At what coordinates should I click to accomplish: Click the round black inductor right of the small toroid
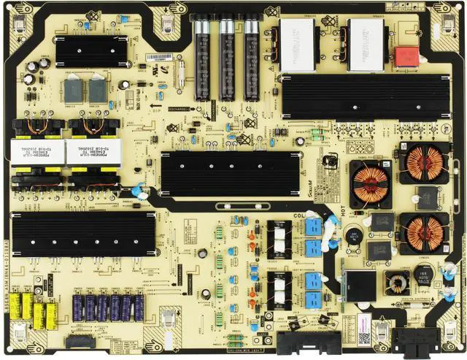428,274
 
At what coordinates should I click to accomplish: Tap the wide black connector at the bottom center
300,343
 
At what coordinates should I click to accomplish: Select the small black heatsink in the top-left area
81,50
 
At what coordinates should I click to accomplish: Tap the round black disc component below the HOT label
354,236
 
